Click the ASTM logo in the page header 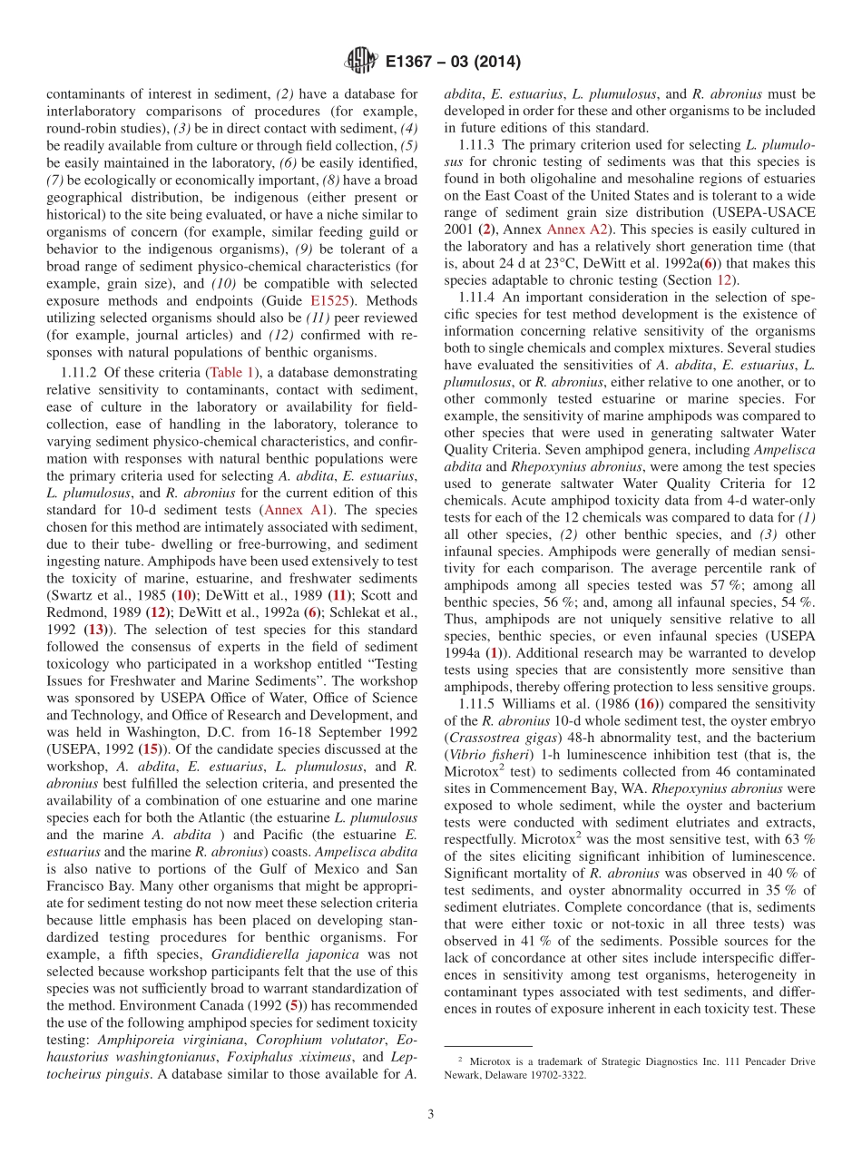click(x=361, y=62)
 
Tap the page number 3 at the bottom click(x=430, y=1114)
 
